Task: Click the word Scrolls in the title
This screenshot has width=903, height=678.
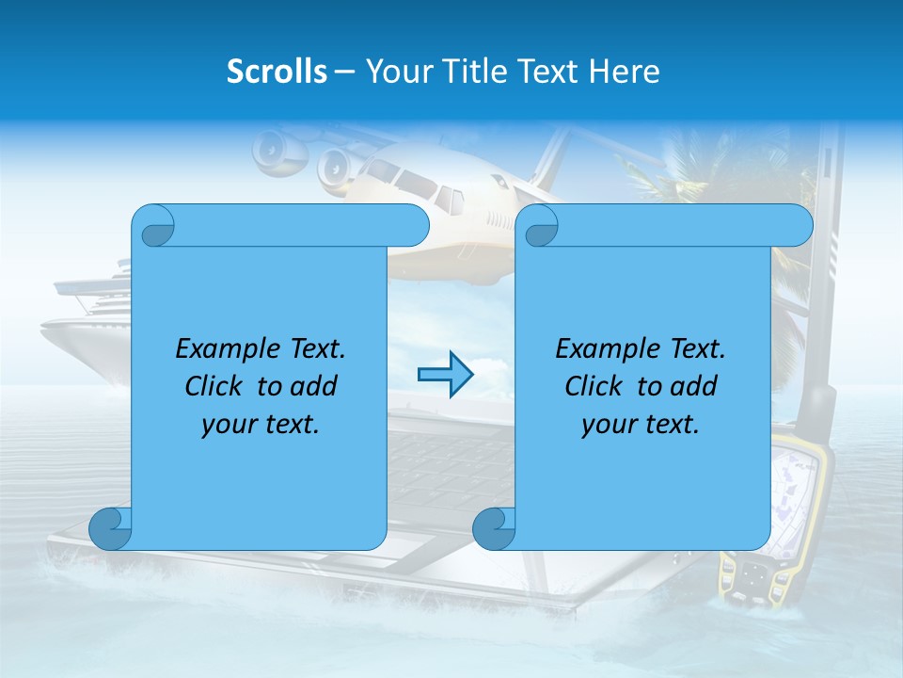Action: tap(277, 72)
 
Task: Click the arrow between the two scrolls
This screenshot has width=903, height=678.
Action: tap(444, 375)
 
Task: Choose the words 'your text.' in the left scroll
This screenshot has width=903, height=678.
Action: tap(261, 425)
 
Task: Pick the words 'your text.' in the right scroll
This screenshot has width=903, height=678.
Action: tap(641, 425)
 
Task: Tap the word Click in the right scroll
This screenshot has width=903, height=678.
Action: tap(593, 387)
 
